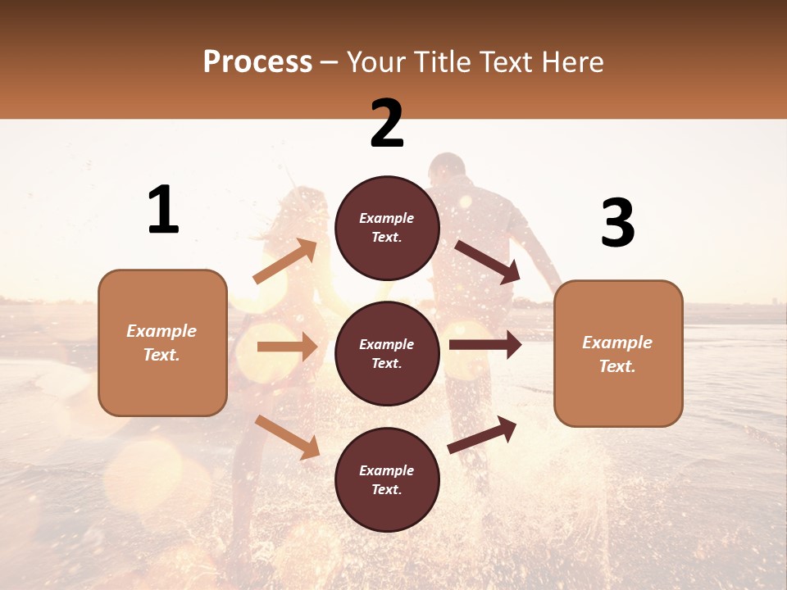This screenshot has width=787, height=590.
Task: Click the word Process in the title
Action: point(257,62)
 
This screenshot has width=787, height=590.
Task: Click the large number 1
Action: point(163,210)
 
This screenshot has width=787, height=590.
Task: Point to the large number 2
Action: point(387,124)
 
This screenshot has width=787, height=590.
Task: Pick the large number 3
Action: point(617,223)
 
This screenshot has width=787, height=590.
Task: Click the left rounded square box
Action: point(162,343)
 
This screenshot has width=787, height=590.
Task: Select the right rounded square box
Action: point(618,353)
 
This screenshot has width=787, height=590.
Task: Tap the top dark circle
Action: point(387,228)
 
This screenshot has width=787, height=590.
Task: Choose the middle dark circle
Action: point(387,353)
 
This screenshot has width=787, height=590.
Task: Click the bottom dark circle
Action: point(387,479)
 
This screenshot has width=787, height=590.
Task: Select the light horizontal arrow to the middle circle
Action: point(287,347)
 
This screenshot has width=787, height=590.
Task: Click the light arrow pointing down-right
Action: point(287,437)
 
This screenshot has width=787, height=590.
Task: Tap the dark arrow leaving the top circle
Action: point(488,261)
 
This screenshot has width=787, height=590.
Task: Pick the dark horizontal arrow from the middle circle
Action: point(485,345)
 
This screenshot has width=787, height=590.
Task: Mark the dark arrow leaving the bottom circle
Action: point(483,434)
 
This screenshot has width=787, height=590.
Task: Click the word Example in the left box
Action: point(161,331)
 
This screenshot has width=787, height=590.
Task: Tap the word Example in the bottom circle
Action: point(387,470)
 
